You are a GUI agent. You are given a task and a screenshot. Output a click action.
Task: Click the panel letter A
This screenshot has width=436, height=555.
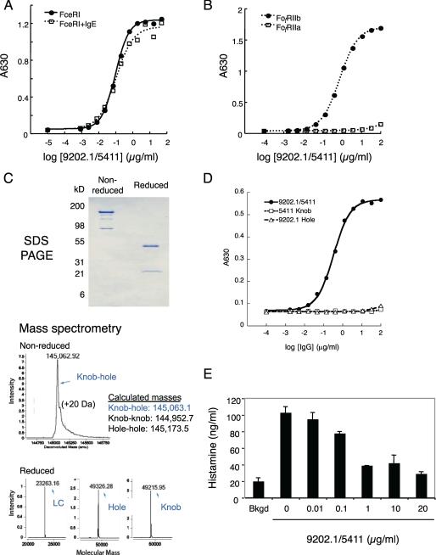[7, 7]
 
